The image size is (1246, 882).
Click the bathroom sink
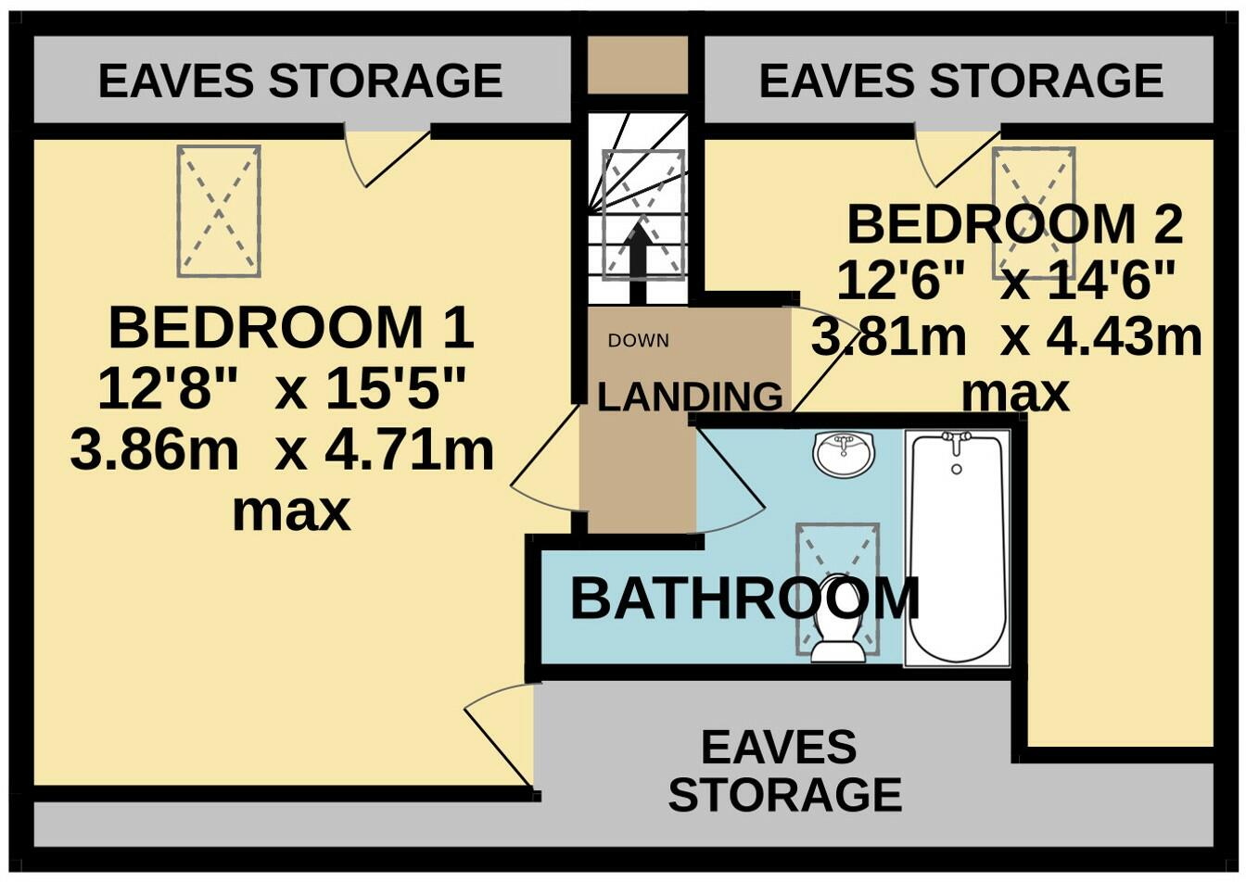[843, 453]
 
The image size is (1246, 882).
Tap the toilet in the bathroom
[838, 630]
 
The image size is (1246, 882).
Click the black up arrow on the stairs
[638, 263]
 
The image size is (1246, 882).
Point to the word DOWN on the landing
[638, 341]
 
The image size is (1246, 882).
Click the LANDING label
[690, 397]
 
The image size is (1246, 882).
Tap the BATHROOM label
[744, 599]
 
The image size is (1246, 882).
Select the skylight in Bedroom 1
[218, 210]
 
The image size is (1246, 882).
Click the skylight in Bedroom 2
[1034, 212]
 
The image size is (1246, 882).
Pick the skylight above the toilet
[837, 565]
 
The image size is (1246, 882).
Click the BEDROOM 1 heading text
[291, 328]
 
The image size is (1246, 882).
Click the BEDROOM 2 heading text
[1014, 224]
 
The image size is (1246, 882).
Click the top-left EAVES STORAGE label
[300, 81]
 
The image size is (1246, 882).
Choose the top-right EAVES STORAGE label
[960, 81]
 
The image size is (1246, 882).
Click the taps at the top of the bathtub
[956, 437]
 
